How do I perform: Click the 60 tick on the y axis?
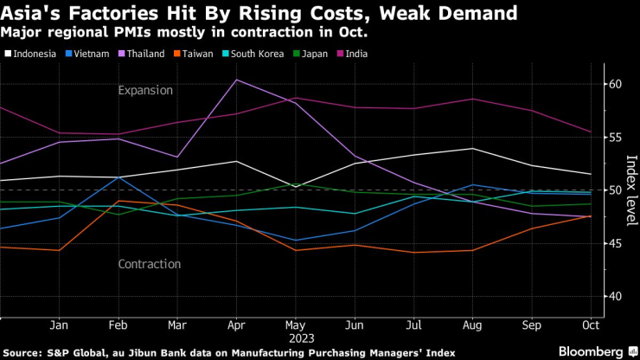[616, 84]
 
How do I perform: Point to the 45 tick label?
[616, 243]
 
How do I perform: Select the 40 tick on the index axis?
[616, 296]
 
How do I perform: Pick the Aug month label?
[471, 326]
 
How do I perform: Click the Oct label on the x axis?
[590, 326]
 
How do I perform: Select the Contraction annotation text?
[150, 264]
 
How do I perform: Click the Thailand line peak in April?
[237, 80]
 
